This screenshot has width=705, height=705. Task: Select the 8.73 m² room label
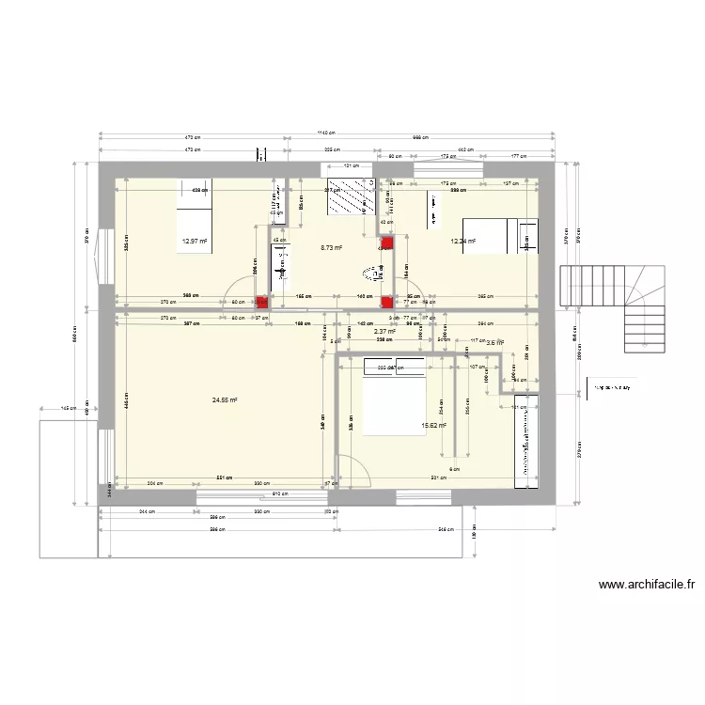(332, 248)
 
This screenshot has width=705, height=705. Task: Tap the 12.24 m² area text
(463, 242)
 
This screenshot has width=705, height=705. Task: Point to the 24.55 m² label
(225, 399)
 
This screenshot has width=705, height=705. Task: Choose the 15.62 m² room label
(433, 424)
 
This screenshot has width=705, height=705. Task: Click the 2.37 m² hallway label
(384, 331)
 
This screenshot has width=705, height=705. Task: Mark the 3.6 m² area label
(494, 342)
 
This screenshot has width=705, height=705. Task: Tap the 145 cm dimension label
(67, 409)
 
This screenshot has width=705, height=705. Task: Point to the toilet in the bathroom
(371, 274)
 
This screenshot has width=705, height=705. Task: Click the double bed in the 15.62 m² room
(394, 398)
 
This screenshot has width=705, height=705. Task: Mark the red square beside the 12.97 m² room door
(262, 303)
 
